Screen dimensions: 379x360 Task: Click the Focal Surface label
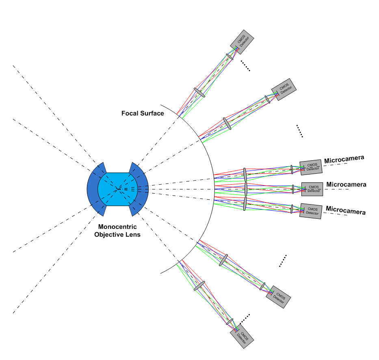[x=143, y=113]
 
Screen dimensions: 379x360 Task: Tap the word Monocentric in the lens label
[x=117, y=227]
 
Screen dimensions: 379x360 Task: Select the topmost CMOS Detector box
[x=242, y=42]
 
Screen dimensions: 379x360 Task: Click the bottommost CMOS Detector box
[x=242, y=336]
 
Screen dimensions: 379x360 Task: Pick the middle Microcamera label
[x=346, y=185]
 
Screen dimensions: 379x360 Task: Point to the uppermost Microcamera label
[x=344, y=160]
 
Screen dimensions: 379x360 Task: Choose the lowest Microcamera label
[x=346, y=210]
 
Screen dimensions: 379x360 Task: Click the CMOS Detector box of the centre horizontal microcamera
[x=312, y=189]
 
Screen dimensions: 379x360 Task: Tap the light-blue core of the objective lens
[x=118, y=189]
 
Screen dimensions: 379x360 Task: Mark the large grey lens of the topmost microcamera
[x=199, y=93]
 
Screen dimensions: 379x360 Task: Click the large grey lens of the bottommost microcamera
[x=199, y=286]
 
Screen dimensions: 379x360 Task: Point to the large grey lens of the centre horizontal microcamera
[x=246, y=189]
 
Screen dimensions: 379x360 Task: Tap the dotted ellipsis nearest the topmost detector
[x=245, y=66]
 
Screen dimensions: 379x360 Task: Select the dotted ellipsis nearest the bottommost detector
[x=245, y=319]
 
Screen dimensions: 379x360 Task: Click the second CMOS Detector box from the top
[x=284, y=89]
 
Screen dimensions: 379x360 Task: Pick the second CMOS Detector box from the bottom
[x=278, y=297]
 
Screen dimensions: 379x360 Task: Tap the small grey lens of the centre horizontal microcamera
[x=293, y=189]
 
